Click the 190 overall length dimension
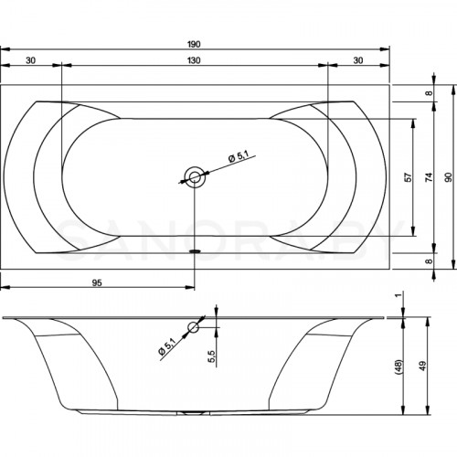click(194, 45)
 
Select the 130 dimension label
click(194, 60)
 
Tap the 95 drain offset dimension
click(97, 283)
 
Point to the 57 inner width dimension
click(409, 177)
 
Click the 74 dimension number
click(429, 177)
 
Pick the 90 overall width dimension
click(448, 177)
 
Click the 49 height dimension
click(422, 366)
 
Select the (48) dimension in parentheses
click(399, 366)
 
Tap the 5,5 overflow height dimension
click(212, 356)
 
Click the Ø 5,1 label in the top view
click(239, 157)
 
